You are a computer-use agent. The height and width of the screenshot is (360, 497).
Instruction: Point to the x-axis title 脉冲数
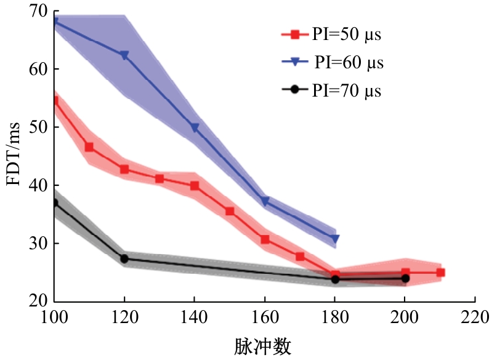click(x=262, y=346)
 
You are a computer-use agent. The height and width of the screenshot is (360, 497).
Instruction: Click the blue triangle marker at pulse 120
click(x=124, y=55)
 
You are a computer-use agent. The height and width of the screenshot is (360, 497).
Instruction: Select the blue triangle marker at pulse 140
click(x=195, y=128)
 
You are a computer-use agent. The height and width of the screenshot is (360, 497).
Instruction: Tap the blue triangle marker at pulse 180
click(x=335, y=239)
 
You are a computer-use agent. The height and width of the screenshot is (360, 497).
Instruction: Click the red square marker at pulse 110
click(x=89, y=147)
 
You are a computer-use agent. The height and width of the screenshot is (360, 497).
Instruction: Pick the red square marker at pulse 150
click(x=230, y=211)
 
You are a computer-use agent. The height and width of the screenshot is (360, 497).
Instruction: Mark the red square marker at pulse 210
click(x=440, y=272)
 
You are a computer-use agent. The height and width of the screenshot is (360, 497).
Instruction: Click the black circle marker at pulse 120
click(x=124, y=259)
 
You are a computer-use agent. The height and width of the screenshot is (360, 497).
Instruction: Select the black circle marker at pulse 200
click(x=405, y=279)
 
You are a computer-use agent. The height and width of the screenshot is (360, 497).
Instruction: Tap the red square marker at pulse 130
click(x=160, y=179)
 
